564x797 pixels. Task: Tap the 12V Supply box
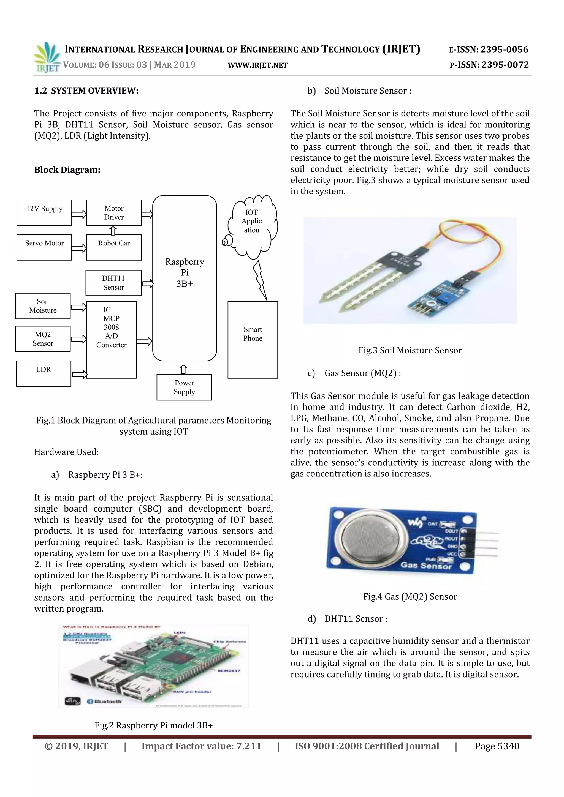point(44,213)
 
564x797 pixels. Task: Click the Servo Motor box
point(44,247)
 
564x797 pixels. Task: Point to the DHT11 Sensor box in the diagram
point(113,283)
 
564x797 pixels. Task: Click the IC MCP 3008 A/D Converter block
point(111,340)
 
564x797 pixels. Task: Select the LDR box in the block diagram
point(44,373)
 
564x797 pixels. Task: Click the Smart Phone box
point(253,340)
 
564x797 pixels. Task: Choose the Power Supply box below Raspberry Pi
point(184,387)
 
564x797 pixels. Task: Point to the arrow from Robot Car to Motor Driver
point(113,231)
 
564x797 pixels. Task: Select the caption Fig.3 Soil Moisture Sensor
point(410,350)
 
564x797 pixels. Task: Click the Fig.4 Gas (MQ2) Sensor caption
point(410,596)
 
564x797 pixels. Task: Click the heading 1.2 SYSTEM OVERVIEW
point(86,91)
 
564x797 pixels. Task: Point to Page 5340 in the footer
point(497,746)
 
